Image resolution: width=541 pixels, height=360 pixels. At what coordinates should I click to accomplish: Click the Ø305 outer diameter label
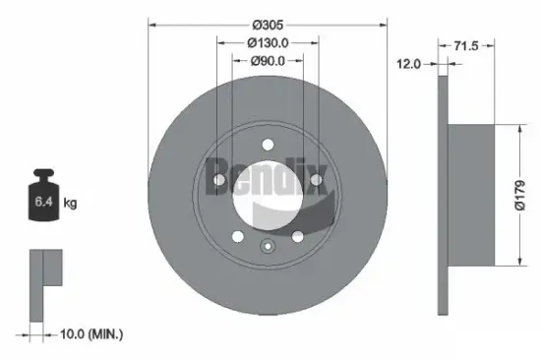click(267, 24)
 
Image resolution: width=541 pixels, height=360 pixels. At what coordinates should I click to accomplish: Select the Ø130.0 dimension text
click(267, 42)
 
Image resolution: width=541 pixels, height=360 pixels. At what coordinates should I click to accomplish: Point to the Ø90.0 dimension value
click(267, 61)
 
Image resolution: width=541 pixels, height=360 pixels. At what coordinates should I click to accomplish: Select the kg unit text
click(70, 204)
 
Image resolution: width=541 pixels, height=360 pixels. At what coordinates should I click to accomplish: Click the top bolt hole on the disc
click(268, 148)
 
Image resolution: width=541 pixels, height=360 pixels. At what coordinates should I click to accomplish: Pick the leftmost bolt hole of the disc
click(218, 180)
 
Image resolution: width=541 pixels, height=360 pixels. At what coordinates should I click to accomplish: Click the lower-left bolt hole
click(237, 235)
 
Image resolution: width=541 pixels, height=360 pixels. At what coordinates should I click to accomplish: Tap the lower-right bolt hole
click(297, 235)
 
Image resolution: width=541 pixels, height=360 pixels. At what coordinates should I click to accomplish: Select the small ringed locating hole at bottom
click(267, 247)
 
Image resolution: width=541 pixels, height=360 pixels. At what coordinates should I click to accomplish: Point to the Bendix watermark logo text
click(268, 175)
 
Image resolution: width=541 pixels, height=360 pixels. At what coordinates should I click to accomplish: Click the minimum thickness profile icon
click(43, 284)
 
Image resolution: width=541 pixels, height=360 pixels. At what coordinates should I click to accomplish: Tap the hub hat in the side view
click(479, 194)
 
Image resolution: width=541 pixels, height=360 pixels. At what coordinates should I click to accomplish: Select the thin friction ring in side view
click(444, 194)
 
